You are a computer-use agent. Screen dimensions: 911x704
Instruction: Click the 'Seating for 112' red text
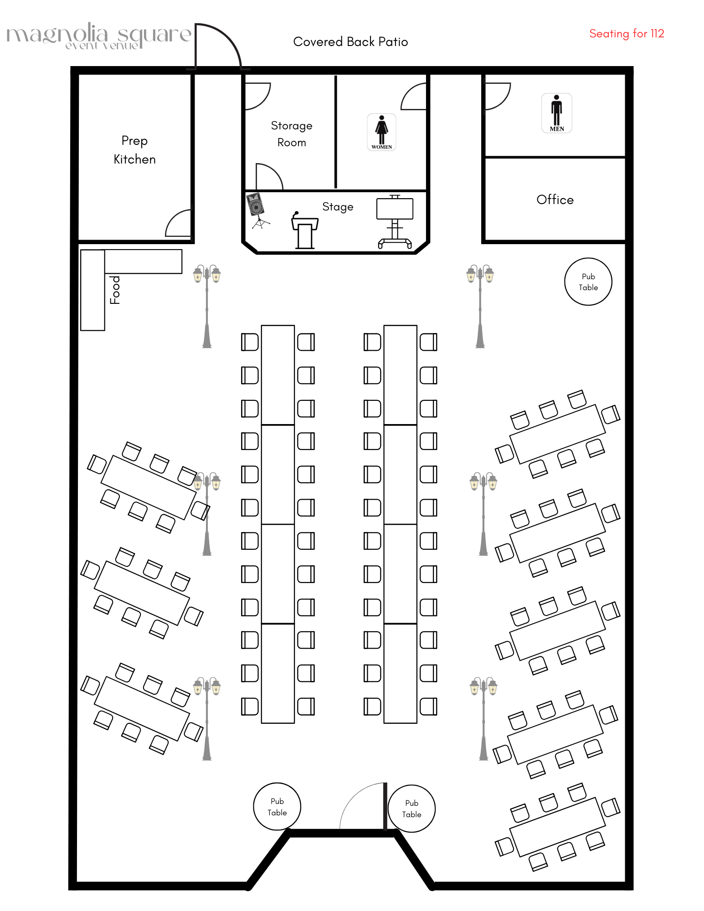[x=627, y=34]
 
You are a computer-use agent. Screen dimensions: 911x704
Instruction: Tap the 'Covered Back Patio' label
[x=350, y=42]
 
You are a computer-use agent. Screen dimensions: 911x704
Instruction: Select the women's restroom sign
[x=381, y=132]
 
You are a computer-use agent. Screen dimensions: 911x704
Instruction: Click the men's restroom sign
[x=556, y=113]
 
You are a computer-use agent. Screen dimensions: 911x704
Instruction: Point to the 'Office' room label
[x=555, y=200]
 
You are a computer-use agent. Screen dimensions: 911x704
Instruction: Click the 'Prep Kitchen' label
[x=134, y=150]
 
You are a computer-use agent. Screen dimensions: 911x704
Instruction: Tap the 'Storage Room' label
[x=292, y=134]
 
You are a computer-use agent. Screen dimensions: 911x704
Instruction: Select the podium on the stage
[x=304, y=231]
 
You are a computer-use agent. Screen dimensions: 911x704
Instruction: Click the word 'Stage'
[x=338, y=207]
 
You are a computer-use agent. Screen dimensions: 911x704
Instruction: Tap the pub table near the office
[x=588, y=282]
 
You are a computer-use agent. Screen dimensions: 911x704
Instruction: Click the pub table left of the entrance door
[x=277, y=807]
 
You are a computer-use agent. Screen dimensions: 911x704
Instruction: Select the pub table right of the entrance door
[x=411, y=809]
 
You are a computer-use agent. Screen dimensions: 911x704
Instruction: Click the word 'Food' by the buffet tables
[x=116, y=290]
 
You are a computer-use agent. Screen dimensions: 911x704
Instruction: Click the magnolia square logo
[x=98, y=36]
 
